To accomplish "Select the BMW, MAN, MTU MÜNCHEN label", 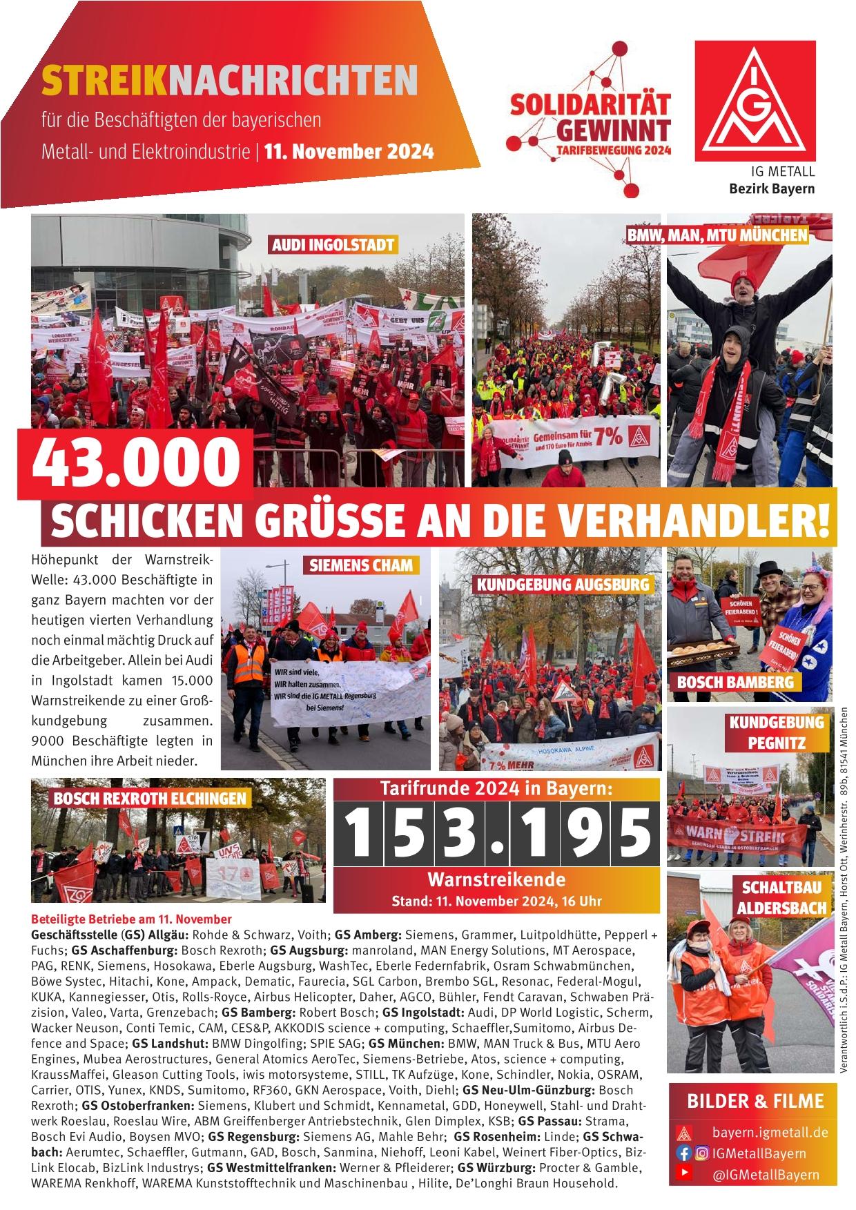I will point(717,235).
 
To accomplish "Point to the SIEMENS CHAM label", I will point(361,565).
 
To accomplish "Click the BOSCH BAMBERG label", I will point(735,682).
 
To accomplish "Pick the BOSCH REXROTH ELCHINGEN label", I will point(150,798).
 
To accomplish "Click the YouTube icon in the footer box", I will point(684,1173).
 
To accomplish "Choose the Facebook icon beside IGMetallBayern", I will point(685,1153).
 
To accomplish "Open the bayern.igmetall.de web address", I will point(770,1132).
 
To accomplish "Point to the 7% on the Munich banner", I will point(610,437).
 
